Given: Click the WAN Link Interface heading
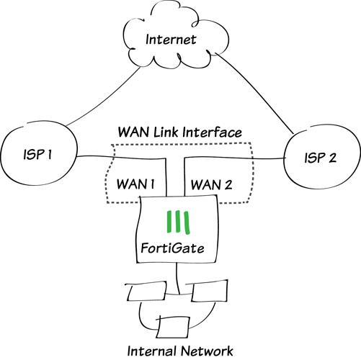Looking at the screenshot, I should (180, 132).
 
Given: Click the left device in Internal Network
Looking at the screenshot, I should (140, 293).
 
